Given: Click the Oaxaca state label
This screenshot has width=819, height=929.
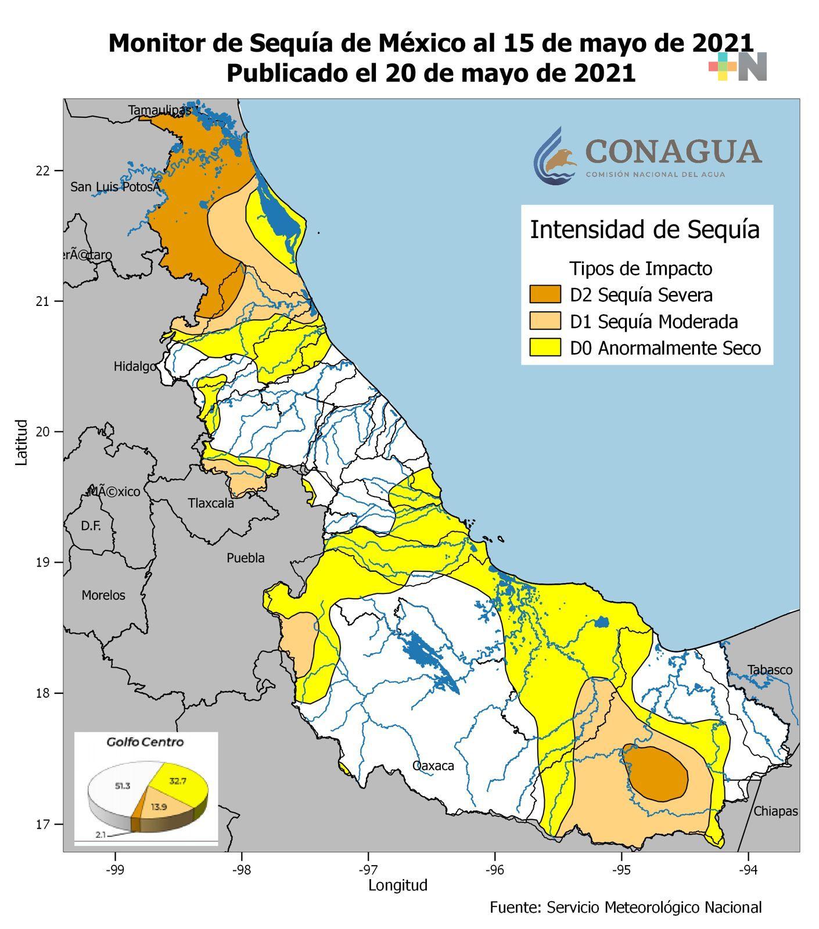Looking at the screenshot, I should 433,766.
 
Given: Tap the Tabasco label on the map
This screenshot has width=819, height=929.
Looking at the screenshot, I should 770,670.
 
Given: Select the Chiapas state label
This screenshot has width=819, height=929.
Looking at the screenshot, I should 775,811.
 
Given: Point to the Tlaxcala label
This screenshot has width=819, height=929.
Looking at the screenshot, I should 211,503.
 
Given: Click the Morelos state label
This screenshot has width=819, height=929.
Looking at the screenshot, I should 103,595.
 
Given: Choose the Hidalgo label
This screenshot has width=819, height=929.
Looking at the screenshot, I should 135,366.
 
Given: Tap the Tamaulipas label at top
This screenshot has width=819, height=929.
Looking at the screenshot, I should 160,110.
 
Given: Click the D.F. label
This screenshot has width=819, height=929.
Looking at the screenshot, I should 91,526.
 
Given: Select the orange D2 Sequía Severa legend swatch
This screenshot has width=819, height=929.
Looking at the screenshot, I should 545,294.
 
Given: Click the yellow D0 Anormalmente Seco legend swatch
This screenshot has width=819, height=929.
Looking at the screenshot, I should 545,348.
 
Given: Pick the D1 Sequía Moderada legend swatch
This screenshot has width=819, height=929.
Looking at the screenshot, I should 545,321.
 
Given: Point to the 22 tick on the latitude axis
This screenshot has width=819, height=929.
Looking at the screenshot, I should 42,171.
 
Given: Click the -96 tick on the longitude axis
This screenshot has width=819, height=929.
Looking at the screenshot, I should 494,870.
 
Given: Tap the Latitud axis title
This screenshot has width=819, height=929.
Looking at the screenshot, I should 21,442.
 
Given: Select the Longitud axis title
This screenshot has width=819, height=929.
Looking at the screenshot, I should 398,885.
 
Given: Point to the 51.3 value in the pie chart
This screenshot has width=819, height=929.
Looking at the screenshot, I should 123,786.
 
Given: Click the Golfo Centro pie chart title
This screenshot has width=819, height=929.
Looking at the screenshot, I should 145,742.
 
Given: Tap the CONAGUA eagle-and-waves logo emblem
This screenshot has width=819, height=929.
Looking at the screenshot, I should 555,157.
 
